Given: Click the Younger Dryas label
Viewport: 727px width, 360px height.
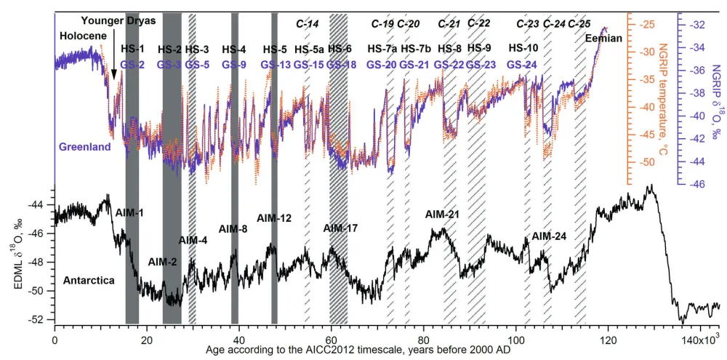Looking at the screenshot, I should click(x=119, y=21).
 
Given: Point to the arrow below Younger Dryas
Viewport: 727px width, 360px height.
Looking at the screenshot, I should click(x=113, y=70).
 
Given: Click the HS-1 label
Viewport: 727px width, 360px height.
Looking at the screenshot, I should click(x=132, y=49).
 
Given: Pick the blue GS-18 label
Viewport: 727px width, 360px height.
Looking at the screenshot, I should click(x=340, y=65).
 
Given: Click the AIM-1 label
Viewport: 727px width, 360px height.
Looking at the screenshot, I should click(x=130, y=212).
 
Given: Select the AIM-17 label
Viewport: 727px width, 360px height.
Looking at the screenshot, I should click(x=340, y=228).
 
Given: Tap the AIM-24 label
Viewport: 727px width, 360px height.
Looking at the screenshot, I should click(x=549, y=236).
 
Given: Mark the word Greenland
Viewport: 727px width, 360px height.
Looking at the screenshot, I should click(x=84, y=147).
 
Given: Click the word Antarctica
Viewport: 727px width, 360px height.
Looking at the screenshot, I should click(x=87, y=279).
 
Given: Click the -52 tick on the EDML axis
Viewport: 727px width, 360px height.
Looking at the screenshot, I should click(x=41, y=320).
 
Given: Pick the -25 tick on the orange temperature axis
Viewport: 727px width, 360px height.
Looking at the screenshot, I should click(x=644, y=25).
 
